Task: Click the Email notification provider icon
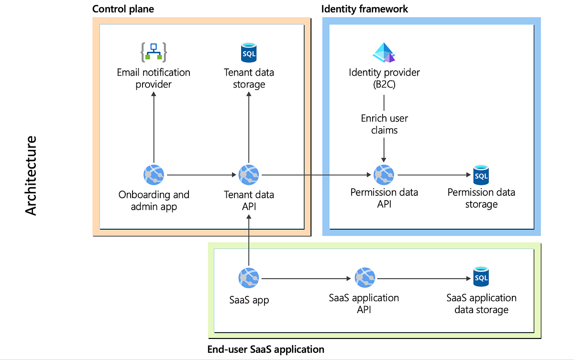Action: pyautogui.click(x=154, y=52)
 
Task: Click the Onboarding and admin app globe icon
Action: pyautogui.click(x=154, y=176)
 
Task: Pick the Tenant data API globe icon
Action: pyautogui.click(x=249, y=176)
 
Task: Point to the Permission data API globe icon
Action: pyautogui.click(x=384, y=176)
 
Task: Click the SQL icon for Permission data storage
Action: pyautogui.click(x=481, y=175)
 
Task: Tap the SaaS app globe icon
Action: pyautogui.click(x=249, y=278)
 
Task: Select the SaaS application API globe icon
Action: pyautogui.click(x=364, y=278)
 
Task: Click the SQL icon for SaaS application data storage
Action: pyautogui.click(x=481, y=278)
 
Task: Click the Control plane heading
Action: pyautogui.click(x=123, y=9)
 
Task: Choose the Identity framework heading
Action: pyautogui.click(x=365, y=9)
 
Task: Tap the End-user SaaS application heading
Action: pyautogui.click(x=266, y=349)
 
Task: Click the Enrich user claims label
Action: pyautogui.click(x=384, y=124)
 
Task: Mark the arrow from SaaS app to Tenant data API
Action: pyautogui.click(x=249, y=239)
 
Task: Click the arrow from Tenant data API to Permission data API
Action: pyautogui.click(x=316, y=175)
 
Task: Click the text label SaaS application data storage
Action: pyautogui.click(x=481, y=304)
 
